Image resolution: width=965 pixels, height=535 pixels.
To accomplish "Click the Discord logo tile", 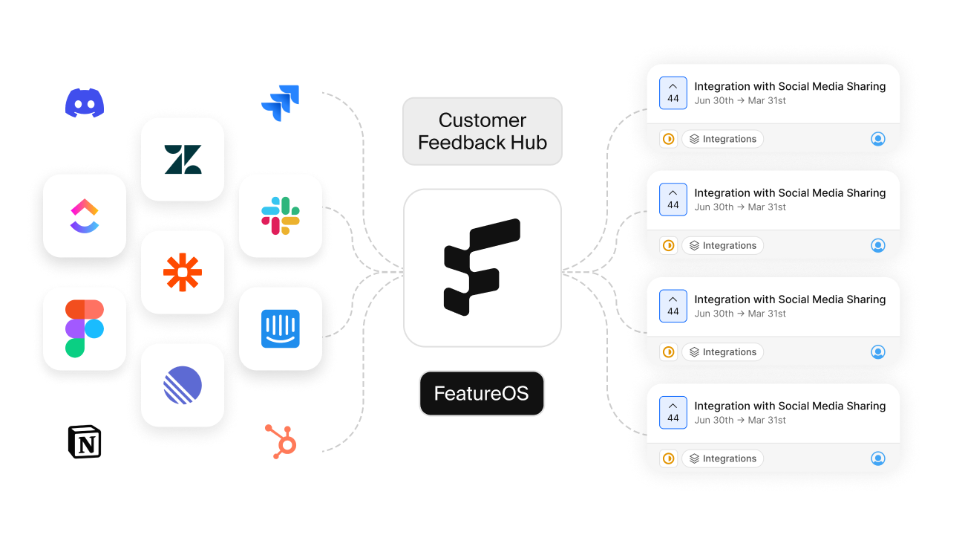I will click(85, 103).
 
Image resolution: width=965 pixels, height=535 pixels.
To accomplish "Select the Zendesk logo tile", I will click(183, 159).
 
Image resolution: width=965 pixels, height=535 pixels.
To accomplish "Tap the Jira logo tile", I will click(281, 103).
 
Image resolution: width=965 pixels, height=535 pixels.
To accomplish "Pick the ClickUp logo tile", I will click(85, 216).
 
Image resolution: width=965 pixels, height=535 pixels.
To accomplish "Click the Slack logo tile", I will click(281, 215).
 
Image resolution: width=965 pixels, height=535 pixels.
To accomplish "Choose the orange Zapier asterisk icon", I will click(183, 272).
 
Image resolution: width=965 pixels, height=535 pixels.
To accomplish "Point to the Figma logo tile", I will click(85, 328).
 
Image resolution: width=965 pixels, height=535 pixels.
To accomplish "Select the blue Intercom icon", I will click(281, 328).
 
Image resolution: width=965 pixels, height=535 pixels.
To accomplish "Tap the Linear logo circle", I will click(183, 385).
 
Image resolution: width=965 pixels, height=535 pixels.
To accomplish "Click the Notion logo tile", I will click(85, 441).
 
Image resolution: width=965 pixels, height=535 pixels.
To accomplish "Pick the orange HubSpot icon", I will click(281, 441).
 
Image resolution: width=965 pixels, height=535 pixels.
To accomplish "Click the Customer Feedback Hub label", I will click(482, 131).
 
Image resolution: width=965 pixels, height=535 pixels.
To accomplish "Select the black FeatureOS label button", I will click(482, 393).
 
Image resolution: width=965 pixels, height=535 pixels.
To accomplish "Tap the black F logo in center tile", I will click(482, 267).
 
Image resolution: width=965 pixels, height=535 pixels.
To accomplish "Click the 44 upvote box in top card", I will click(673, 93).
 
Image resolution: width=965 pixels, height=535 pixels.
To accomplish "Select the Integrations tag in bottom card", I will click(722, 458).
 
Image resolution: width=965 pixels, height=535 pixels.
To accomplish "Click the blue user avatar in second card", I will click(877, 245).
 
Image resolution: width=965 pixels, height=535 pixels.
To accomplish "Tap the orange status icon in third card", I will click(668, 352).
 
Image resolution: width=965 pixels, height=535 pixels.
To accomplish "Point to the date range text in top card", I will click(740, 101).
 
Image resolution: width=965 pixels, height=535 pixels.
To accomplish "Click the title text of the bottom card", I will click(790, 406).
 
